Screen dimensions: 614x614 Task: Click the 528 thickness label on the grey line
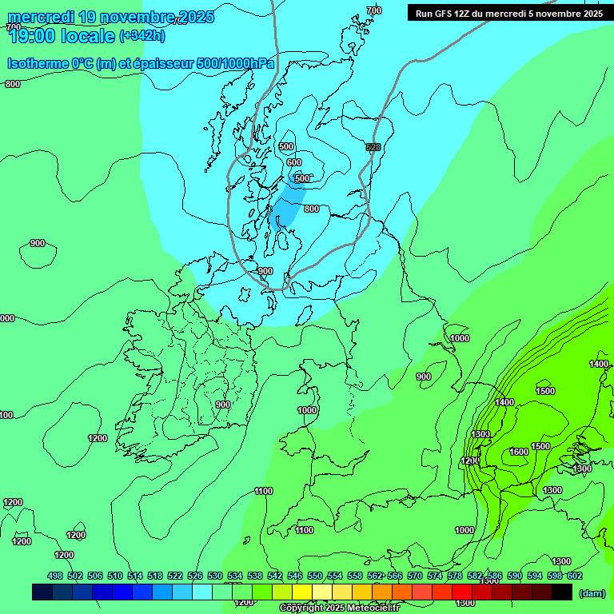pos(373,147)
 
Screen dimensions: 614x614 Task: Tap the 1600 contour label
pos(519,452)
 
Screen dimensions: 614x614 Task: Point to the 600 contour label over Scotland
pos(294,162)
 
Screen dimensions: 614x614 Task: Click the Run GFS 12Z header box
pos(508,13)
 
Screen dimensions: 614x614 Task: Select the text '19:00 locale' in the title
pos(62,36)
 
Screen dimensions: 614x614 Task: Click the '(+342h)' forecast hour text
pos(142,36)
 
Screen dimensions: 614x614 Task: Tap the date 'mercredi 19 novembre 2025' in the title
pos(110,17)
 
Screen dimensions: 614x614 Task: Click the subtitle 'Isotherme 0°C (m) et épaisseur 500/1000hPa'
pos(141,63)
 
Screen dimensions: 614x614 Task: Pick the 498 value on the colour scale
pos(55,576)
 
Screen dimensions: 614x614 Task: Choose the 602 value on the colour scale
pos(575,576)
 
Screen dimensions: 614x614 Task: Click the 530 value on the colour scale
pos(215,576)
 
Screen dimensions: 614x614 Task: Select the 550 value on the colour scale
pos(315,576)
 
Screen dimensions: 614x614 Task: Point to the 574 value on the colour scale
pos(435,576)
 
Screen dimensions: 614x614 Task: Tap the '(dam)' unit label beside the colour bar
pos(592,592)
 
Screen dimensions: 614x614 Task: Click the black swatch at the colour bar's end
pos(562,592)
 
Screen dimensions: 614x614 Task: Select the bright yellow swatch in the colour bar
pos(301,592)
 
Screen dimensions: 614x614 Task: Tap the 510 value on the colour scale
pos(115,576)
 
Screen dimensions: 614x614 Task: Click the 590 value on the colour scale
pos(515,576)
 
